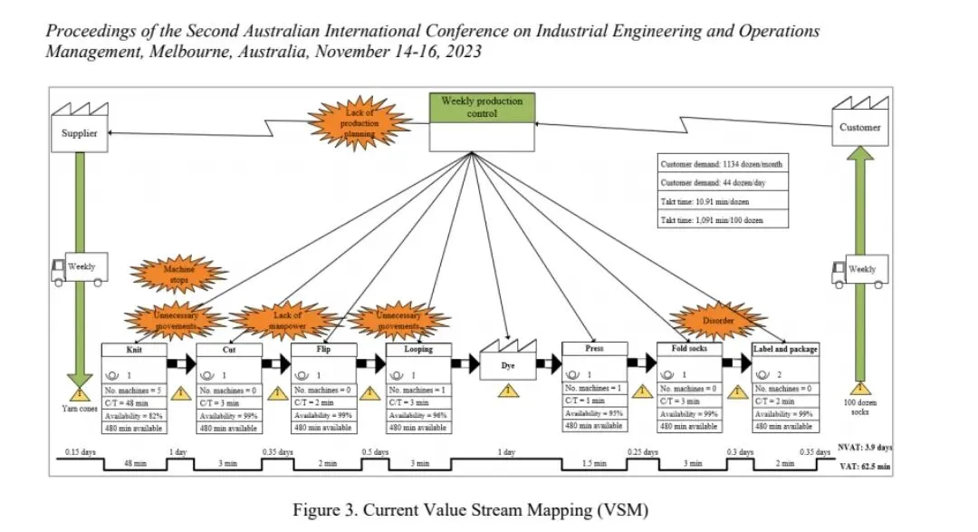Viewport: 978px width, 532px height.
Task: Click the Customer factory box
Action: point(859,127)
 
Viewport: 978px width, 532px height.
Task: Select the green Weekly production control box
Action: point(481,108)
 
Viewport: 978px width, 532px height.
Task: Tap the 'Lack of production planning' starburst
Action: point(360,123)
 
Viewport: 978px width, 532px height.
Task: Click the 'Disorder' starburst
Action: point(718,320)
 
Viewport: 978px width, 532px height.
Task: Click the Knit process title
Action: point(135,349)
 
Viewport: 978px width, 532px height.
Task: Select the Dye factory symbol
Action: point(508,361)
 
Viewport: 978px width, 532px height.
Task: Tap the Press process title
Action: point(594,348)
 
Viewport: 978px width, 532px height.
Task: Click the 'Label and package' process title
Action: point(785,349)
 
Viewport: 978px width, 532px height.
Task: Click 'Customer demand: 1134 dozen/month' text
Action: point(722,164)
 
